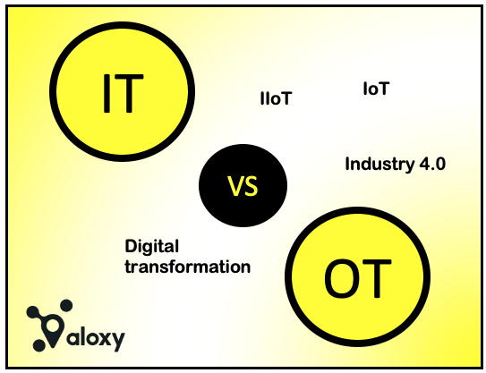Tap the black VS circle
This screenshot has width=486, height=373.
click(243, 186)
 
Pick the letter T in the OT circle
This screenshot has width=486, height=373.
click(376, 279)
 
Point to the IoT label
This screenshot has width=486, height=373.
click(376, 89)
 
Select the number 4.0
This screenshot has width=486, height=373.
click(432, 165)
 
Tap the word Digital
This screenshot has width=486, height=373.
click(152, 247)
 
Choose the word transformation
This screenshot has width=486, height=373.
click(187, 267)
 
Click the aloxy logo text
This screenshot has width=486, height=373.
click(94, 339)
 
